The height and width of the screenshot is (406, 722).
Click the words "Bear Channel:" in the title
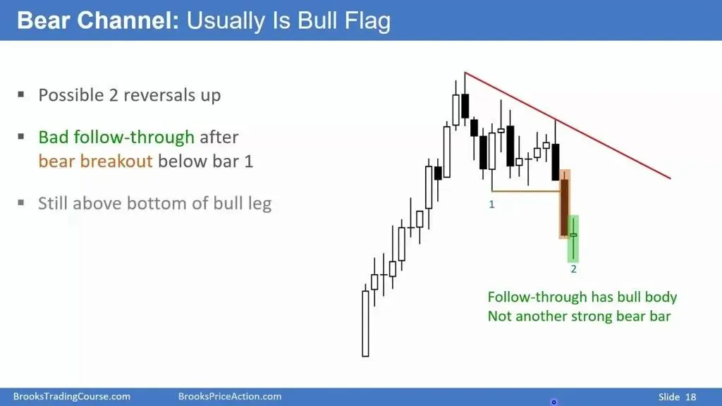[x=97, y=20]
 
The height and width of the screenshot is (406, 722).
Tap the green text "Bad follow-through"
[x=116, y=137]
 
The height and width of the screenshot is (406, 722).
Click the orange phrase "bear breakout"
[x=95, y=161]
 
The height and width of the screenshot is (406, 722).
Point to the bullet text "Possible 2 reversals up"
[x=130, y=95]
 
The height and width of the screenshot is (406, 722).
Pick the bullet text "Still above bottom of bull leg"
[x=154, y=204]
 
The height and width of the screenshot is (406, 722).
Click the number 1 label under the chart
[x=491, y=204]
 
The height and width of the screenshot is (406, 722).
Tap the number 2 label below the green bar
[x=573, y=269]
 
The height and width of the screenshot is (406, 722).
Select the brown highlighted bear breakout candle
[x=565, y=204]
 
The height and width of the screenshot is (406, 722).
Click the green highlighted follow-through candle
[x=573, y=238]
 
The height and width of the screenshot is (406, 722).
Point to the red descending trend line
[x=568, y=125]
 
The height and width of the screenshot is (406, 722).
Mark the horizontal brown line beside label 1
[x=526, y=190]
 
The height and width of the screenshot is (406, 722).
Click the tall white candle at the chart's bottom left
[x=366, y=323]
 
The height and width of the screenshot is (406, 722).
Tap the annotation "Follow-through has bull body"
[x=582, y=297]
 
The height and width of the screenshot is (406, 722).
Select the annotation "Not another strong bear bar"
[x=580, y=316]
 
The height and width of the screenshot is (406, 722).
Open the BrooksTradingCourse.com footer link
[x=72, y=396]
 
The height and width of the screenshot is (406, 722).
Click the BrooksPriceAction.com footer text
[x=230, y=396]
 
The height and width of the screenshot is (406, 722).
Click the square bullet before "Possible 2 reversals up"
[x=20, y=94]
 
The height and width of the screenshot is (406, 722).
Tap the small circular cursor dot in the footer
[x=554, y=402]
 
